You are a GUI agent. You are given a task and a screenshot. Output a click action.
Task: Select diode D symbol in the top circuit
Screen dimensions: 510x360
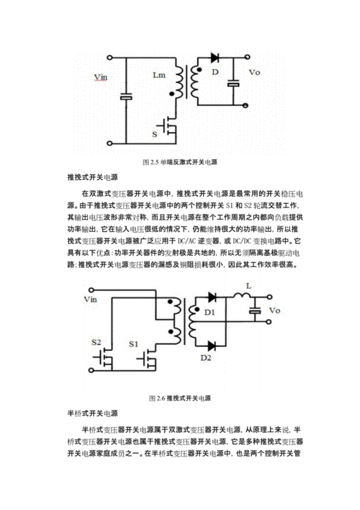click(x=215, y=57)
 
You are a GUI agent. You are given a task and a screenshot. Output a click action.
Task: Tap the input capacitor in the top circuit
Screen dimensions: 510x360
click(x=126, y=97)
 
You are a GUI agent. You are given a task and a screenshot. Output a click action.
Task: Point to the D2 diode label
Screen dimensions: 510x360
click(x=206, y=357)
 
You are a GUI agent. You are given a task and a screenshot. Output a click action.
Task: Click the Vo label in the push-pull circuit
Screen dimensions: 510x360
click(x=274, y=310)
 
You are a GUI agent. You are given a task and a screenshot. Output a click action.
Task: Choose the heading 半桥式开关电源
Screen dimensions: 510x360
click(x=91, y=413)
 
